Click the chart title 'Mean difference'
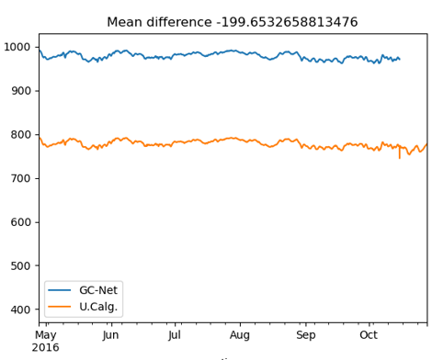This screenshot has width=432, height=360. (x=244, y=22)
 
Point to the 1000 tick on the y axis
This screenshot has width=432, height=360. (x=17, y=47)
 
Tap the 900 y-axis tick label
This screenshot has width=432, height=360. (x=21, y=91)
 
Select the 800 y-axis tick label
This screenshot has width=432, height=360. (x=21, y=135)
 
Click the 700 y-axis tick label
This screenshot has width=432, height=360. (x=21, y=178)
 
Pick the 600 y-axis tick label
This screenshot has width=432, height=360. (x=21, y=222)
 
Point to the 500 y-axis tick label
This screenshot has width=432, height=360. (x=21, y=266)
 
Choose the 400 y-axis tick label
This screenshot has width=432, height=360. (x=21, y=309)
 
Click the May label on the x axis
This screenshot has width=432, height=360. (x=45, y=336)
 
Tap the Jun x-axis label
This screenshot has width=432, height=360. (x=109, y=336)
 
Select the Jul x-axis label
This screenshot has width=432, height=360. (x=175, y=336)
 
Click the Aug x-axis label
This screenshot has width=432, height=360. (x=240, y=336)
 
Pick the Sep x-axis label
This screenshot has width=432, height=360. (x=305, y=336)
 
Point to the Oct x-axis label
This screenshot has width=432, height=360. (x=369, y=336)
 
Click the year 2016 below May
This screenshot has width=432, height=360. (x=45, y=348)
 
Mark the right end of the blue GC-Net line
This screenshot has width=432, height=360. (x=399, y=60)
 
